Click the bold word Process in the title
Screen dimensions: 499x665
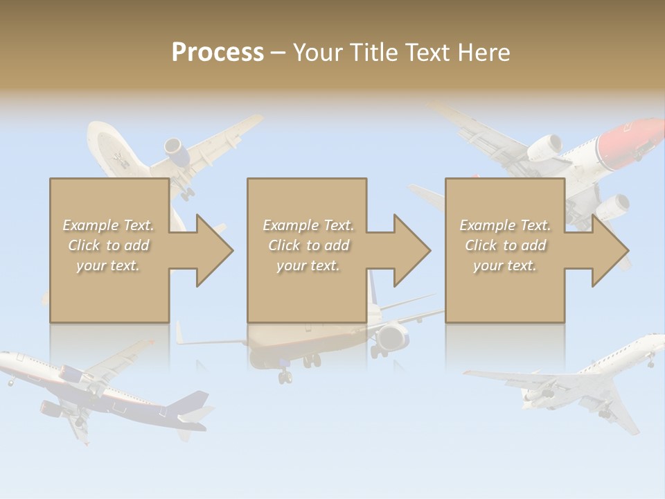(x=218, y=52)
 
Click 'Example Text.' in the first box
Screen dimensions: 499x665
(x=109, y=225)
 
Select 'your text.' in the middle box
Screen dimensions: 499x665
(x=308, y=265)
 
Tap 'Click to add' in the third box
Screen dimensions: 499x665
(x=506, y=245)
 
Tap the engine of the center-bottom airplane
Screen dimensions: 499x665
(x=392, y=338)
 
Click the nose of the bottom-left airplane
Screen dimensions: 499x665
(x=6, y=358)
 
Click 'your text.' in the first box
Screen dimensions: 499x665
(x=108, y=265)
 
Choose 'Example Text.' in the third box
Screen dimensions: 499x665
(x=505, y=225)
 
